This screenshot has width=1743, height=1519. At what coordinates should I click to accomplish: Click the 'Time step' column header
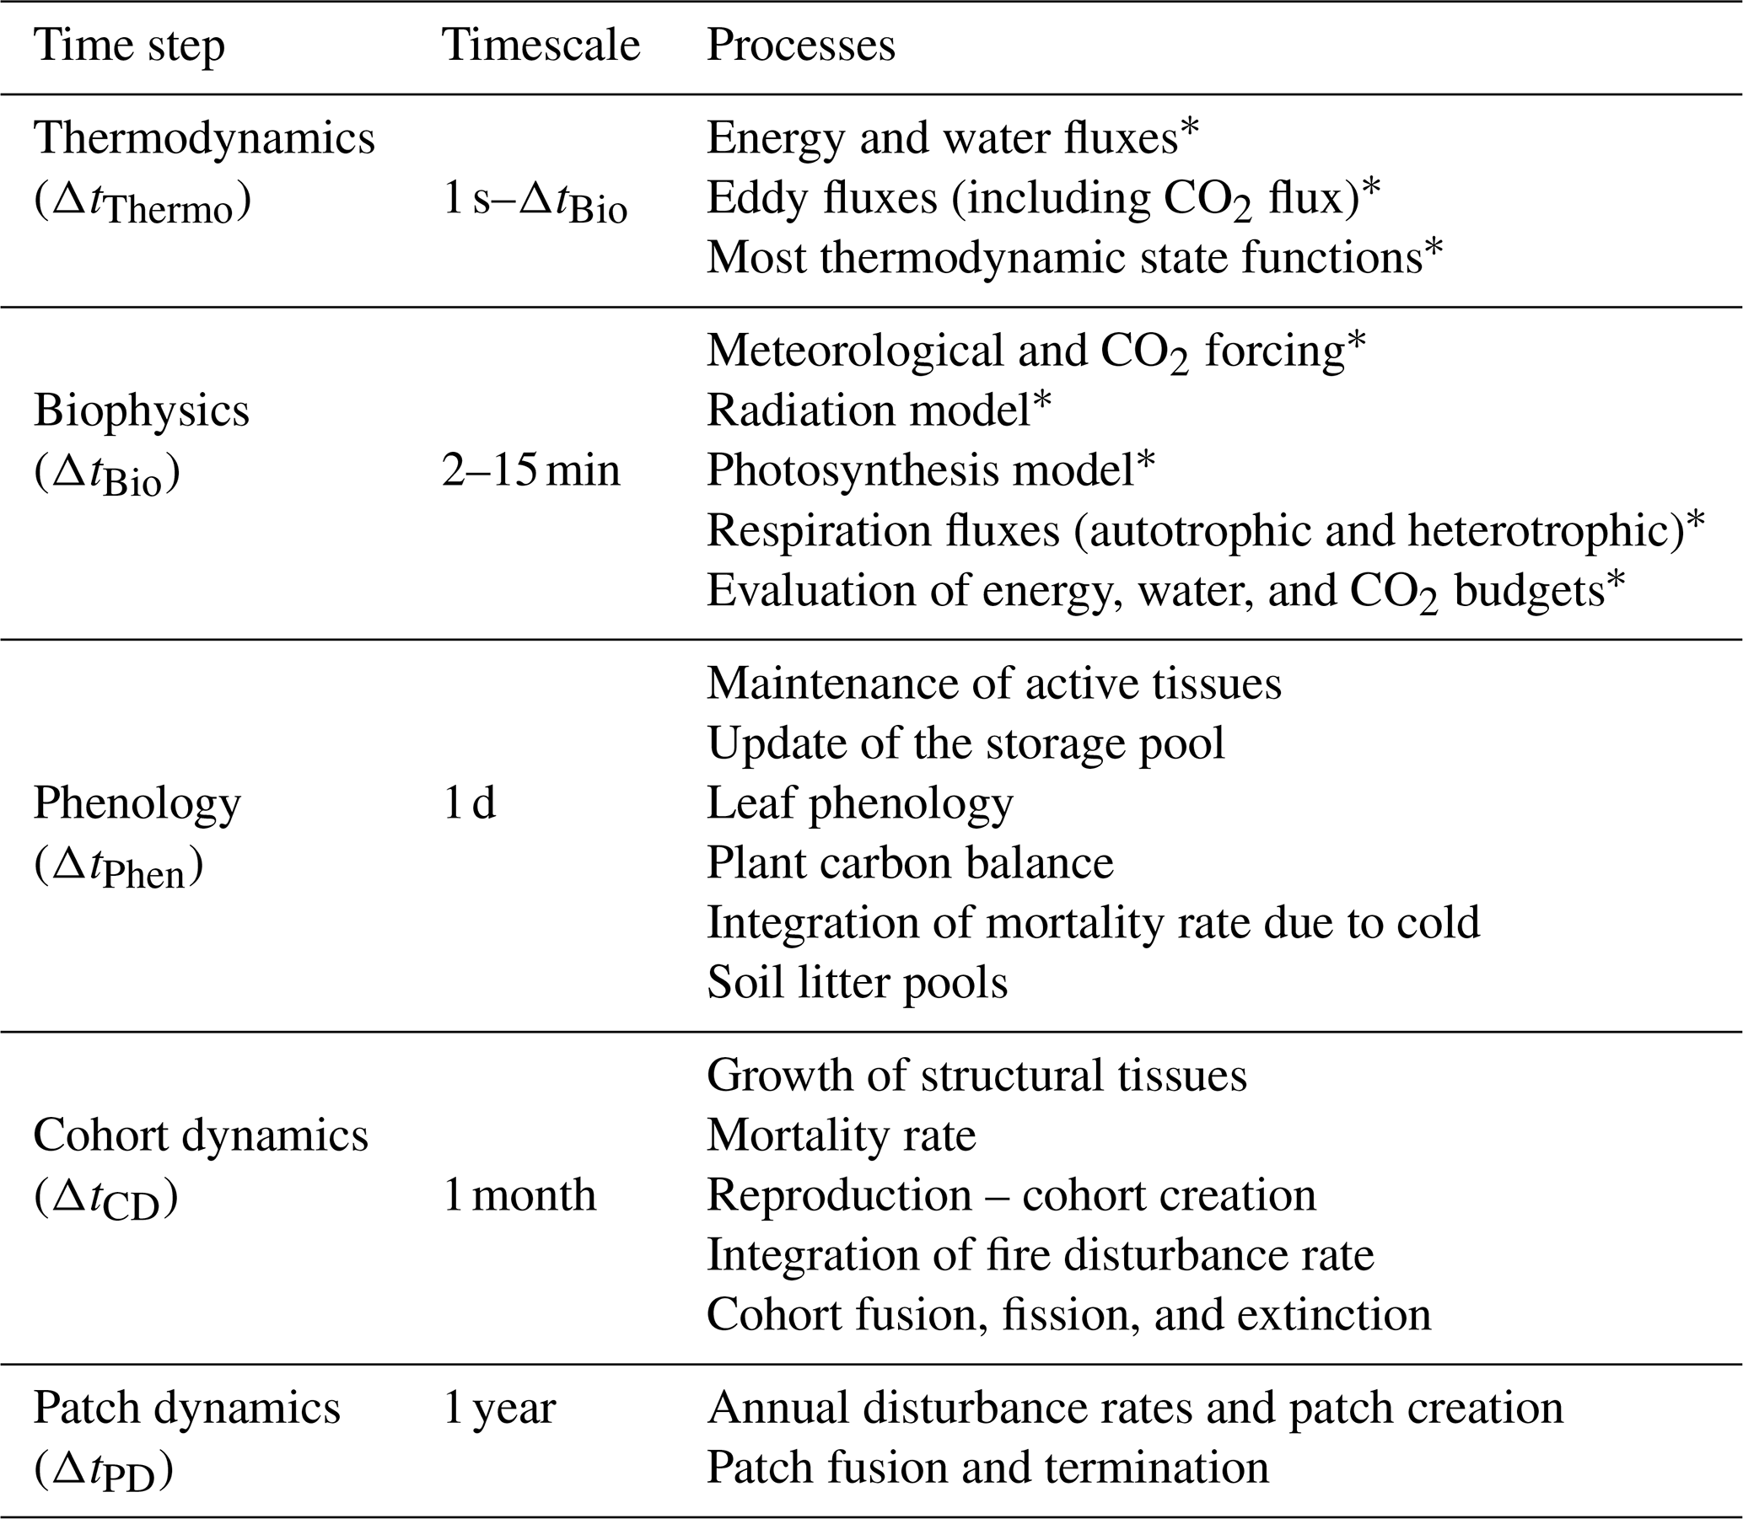tap(130, 46)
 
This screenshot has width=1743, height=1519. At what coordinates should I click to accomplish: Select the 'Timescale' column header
tap(541, 46)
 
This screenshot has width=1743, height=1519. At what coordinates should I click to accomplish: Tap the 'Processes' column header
tap(800, 46)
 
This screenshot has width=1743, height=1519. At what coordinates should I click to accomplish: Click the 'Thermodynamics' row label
tap(204, 138)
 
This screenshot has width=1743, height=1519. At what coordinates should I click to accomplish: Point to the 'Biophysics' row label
tap(142, 411)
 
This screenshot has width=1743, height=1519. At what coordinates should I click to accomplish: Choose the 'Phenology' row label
tap(137, 802)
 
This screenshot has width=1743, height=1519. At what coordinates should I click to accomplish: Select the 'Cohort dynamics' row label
tap(201, 1135)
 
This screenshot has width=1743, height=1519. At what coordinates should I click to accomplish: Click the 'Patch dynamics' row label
tap(186, 1408)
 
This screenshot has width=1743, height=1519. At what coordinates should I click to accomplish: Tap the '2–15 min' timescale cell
tap(530, 470)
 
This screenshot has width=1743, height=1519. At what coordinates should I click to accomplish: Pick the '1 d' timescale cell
tap(470, 802)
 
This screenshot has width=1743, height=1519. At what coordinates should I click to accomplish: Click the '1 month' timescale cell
tap(519, 1195)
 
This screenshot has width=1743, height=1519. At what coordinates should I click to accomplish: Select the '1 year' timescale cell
tap(499, 1408)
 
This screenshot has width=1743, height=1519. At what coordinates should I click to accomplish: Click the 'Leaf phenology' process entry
tap(859, 802)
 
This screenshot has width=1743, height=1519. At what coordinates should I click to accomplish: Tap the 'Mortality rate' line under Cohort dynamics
tap(841, 1135)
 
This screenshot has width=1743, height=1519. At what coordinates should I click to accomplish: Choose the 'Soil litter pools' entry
tap(857, 982)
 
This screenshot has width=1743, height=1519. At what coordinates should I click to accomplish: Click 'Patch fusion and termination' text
tap(987, 1468)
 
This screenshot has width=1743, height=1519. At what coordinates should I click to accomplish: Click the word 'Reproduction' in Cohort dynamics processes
tap(839, 1195)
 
